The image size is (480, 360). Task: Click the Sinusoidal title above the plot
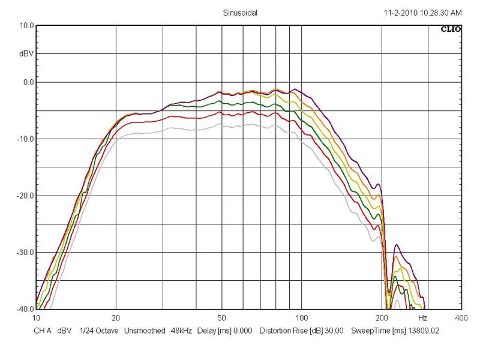tap(240, 13)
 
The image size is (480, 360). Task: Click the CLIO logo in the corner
tap(451, 28)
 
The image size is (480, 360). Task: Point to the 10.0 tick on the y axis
tap(26, 26)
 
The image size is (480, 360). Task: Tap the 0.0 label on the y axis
tap(28, 82)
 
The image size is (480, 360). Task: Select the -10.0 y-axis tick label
tap(25, 139)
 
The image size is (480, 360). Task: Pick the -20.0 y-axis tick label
tap(25, 196)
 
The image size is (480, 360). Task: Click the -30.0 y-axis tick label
tap(25, 253)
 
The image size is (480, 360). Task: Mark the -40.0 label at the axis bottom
tap(25, 309)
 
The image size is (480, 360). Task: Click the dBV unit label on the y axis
tap(26, 54)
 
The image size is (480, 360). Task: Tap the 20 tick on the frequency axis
tap(116, 317)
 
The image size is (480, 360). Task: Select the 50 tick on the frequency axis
tap(221, 317)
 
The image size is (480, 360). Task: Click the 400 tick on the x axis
tap(461, 317)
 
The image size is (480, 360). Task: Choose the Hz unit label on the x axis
tap(422, 317)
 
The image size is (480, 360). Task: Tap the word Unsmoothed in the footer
tap(146, 331)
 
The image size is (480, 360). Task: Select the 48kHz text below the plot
tap(181, 331)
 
